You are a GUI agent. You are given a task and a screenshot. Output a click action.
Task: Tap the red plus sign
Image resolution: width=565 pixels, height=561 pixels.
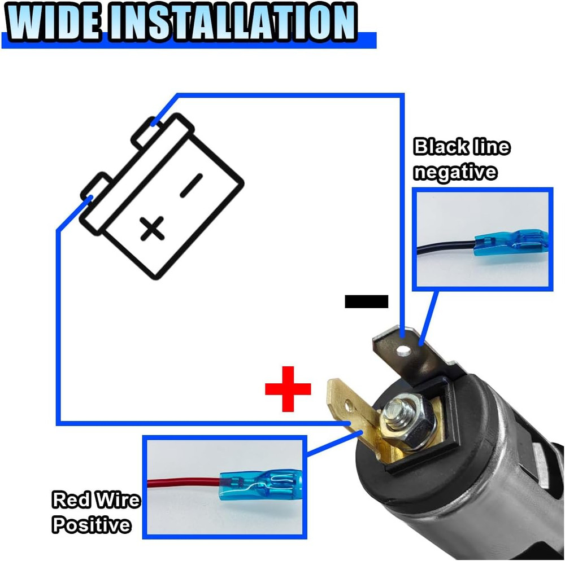click(288, 388)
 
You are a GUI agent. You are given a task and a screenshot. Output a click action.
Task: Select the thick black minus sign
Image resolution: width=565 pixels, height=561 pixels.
click(366, 301)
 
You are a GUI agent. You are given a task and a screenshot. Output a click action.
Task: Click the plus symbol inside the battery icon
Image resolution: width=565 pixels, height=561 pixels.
click(152, 229)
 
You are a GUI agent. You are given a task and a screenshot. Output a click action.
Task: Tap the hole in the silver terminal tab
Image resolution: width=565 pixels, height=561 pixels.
click(402, 352)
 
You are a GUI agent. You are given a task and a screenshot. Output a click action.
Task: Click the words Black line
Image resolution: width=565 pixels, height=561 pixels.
click(462, 147)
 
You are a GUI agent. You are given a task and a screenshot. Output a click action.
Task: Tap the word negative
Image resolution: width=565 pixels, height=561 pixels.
click(455, 172)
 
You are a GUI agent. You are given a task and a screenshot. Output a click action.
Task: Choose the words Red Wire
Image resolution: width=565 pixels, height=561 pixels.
click(95, 500)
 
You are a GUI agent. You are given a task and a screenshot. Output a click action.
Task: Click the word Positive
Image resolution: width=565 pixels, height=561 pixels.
click(92, 525)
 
